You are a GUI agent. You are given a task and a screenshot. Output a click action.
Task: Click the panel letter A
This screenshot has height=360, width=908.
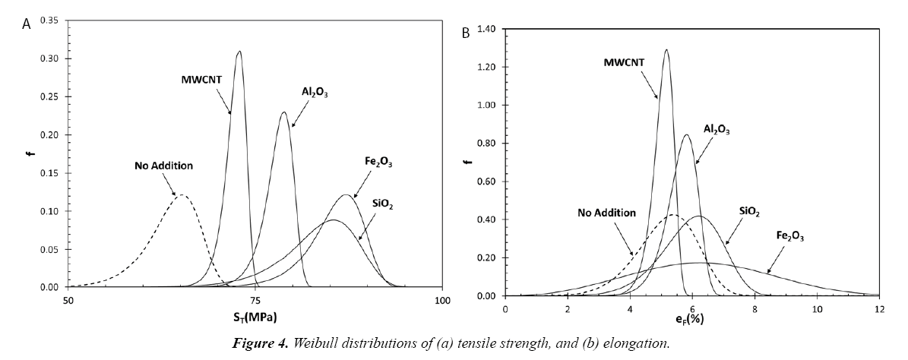[27, 24]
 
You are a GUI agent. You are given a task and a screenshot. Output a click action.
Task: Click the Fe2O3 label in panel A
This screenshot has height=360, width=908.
[378, 162]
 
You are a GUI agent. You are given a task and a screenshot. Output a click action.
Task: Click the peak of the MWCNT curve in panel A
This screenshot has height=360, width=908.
[239, 52]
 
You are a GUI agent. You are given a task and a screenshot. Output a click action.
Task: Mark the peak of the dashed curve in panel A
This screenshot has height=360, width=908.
[182, 195]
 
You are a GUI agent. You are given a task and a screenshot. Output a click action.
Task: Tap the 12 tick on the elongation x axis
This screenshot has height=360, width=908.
[879, 309]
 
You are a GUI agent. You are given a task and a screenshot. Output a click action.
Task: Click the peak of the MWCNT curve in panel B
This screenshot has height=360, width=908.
[667, 50]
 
